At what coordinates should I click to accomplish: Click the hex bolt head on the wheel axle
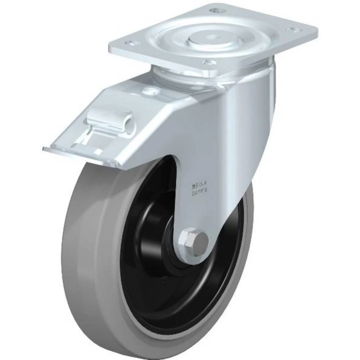pyautogui.click(x=194, y=242)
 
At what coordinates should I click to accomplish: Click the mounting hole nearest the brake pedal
pyautogui.click(x=132, y=43)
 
